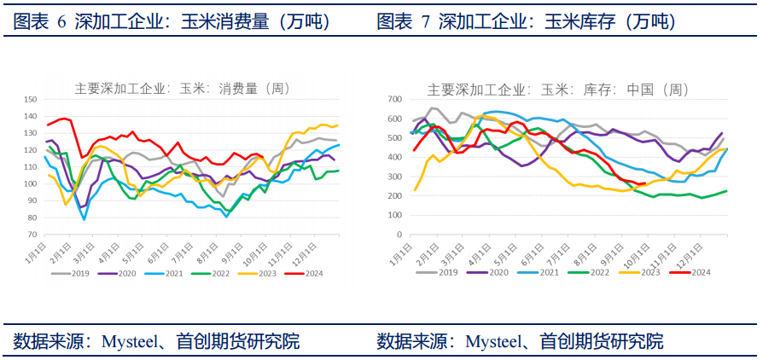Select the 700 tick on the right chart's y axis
[394, 100]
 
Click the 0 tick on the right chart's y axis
[399, 234]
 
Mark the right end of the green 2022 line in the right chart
[726, 191]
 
